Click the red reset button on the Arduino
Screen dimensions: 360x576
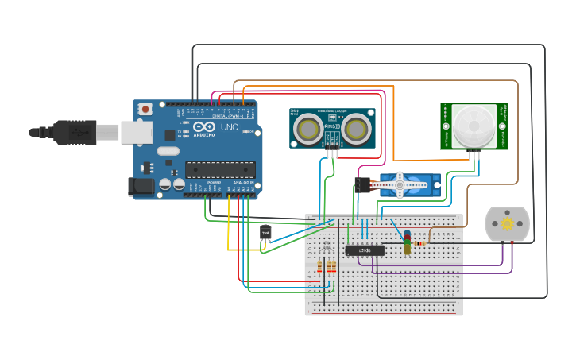click(145, 109)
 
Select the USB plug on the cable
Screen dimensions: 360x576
click(75, 132)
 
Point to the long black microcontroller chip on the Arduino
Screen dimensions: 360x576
click(220, 169)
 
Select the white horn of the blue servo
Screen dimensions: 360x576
click(406, 184)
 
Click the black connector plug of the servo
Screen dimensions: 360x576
click(362, 185)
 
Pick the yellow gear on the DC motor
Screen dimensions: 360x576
click(507, 224)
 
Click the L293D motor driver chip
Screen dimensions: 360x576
click(365, 250)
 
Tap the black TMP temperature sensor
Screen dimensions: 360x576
click(265, 232)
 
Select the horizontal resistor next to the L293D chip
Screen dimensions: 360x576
click(419, 243)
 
